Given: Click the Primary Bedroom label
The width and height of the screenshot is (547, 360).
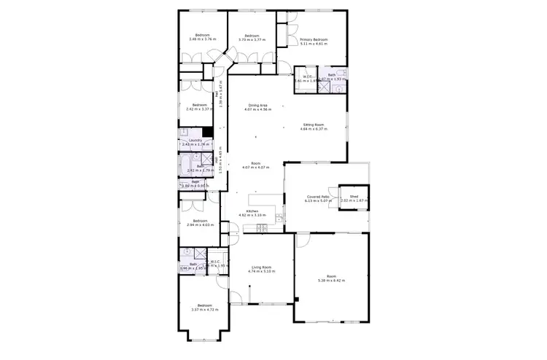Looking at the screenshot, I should (314, 40).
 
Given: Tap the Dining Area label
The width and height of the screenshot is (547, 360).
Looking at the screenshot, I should (258, 106).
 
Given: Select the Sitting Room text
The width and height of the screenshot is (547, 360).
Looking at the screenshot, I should (314, 125).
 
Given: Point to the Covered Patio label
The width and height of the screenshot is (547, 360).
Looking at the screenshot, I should (316, 196).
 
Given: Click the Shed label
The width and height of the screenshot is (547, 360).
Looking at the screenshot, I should (354, 196).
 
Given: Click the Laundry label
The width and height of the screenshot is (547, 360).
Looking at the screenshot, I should (195, 141).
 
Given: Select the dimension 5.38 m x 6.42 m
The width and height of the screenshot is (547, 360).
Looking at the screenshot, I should (331, 280).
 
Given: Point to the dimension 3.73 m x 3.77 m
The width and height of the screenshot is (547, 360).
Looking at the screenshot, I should (252, 39).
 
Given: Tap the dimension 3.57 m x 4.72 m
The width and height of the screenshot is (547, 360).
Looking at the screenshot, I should (204, 309).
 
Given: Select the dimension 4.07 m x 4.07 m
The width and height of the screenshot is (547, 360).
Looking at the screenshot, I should (256, 167).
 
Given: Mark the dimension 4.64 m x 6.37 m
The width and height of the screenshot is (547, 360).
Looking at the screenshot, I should (314, 129).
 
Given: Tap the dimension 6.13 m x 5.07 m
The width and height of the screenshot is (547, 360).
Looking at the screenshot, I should (316, 200).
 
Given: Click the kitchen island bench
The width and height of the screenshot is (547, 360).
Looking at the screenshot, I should (264, 200).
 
